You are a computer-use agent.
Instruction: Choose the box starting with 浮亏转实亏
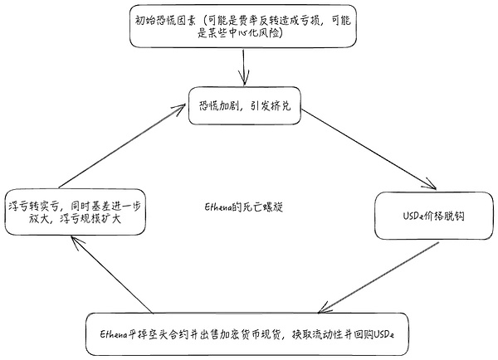(75, 212)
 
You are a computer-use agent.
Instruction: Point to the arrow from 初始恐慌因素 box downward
(243, 66)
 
